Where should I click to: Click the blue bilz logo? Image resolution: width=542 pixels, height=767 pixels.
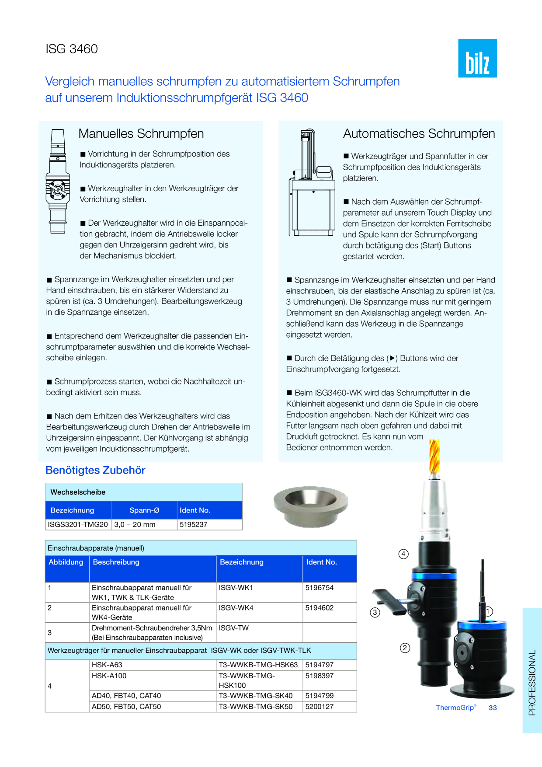[x=477, y=58]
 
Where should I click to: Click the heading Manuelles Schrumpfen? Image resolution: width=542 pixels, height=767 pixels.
[x=141, y=133]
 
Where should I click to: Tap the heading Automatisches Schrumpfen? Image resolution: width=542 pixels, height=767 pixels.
[x=419, y=133]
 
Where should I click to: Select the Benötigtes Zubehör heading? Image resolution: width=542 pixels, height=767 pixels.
[x=95, y=470]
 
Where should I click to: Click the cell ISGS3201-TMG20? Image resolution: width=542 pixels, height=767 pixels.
[x=78, y=524]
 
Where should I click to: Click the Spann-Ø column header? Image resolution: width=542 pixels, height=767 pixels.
[x=145, y=510]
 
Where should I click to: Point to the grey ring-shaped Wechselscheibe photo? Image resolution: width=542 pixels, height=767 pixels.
[x=311, y=506]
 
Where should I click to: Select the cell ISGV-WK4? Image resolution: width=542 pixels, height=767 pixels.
[x=236, y=608]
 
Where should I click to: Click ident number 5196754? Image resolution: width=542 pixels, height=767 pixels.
[x=320, y=588]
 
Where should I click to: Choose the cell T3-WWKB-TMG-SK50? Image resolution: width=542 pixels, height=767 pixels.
[x=256, y=707]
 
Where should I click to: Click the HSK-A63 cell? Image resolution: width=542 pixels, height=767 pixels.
[x=107, y=665]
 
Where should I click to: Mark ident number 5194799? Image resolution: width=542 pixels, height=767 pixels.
[x=320, y=696]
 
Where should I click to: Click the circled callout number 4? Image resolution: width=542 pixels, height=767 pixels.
[x=403, y=554]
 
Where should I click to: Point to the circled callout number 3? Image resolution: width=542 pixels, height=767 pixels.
[x=375, y=612]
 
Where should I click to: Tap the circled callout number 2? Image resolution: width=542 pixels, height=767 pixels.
[x=405, y=648]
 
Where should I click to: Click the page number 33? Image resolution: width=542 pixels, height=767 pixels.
[x=493, y=708]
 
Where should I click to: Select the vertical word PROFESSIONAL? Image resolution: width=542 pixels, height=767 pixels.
[x=532, y=683]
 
